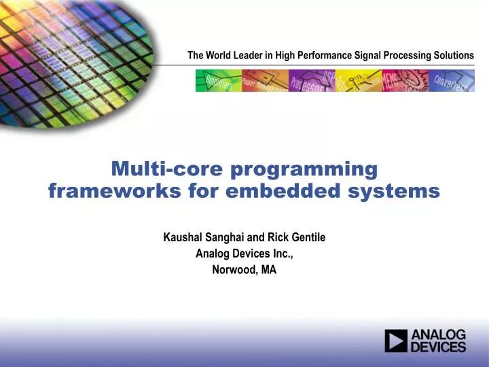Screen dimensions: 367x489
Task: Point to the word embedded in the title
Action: (280, 192)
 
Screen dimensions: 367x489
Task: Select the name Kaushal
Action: (182, 237)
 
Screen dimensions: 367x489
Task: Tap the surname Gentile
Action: (307, 237)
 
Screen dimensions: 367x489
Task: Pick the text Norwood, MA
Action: (244, 269)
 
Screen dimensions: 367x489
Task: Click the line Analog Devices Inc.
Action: (244, 254)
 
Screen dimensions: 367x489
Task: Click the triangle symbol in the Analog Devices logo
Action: (396, 341)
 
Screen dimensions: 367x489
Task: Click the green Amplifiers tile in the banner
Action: (218, 80)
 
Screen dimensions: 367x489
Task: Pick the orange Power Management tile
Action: (266, 80)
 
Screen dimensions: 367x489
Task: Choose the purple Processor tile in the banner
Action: (311, 80)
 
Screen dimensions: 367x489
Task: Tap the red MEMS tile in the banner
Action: (404, 80)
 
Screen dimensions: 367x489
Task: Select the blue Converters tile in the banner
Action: (450, 80)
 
